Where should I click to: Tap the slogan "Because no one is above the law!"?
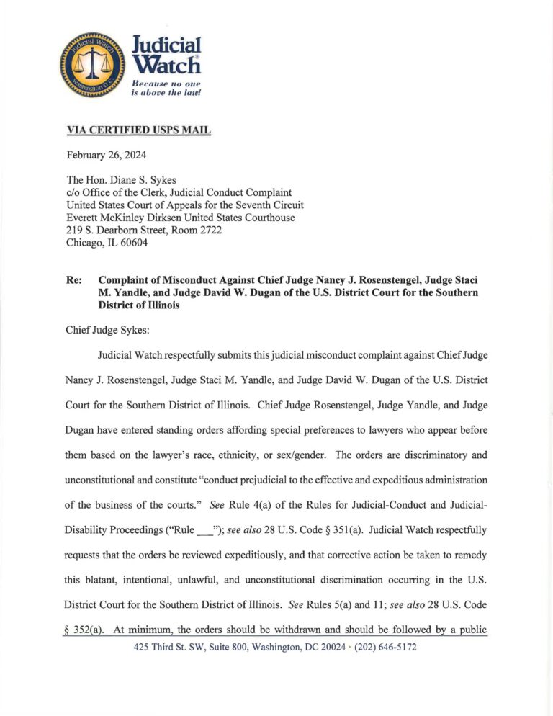coord(167,88)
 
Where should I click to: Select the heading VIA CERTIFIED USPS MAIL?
coord(138,130)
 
